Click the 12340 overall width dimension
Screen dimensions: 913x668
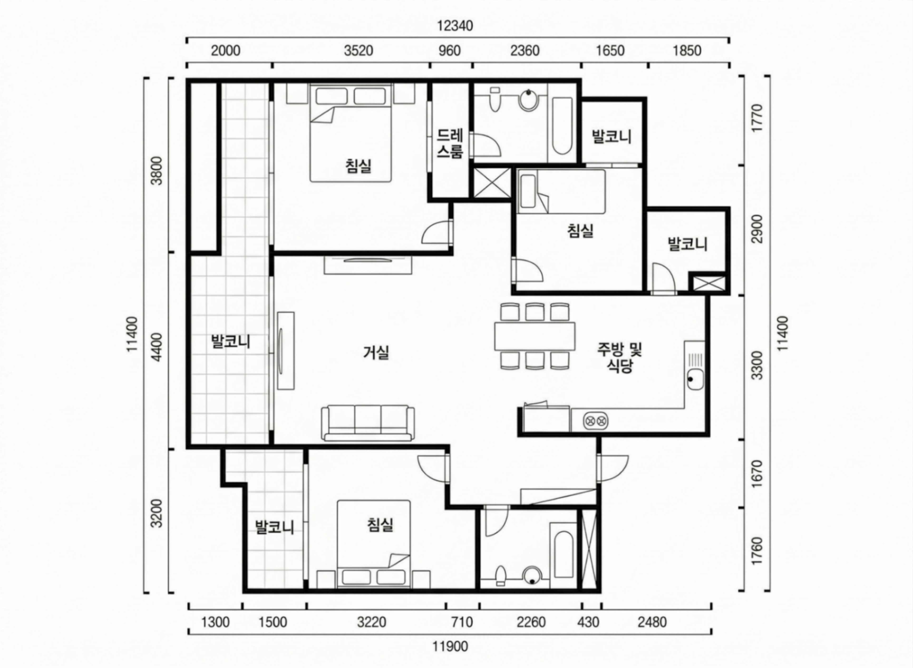(x=455, y=26)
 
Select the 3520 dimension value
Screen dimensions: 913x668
(x=359, y=51)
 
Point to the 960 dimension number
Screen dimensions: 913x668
(x=449, y=51)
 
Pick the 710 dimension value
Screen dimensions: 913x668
(x=462, y=622)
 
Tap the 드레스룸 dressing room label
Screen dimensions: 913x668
(x=450, y=143)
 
